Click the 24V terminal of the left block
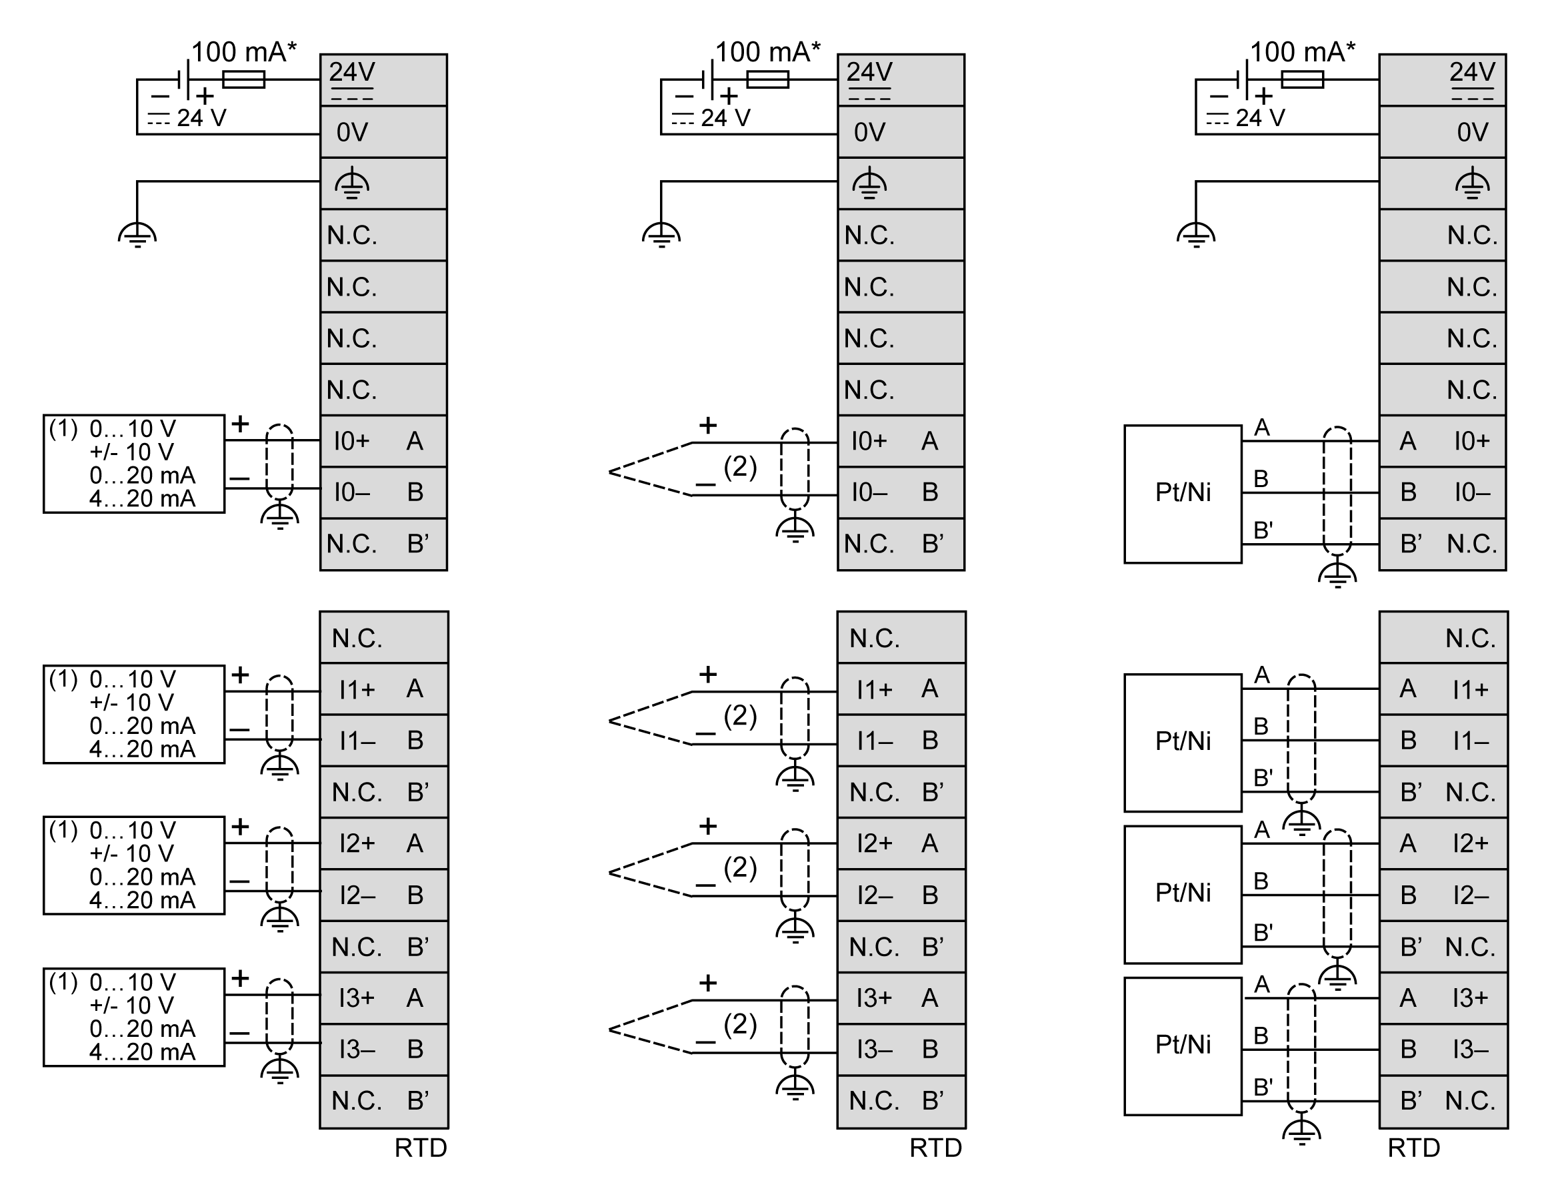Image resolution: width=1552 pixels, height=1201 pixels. pyautogui.click(x=383, y=79)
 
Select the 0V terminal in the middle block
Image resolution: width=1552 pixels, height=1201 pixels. pyautogui.click(x=901, y=131)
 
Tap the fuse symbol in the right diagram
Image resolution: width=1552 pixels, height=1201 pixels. pyautogui.click(x=1302, y=79)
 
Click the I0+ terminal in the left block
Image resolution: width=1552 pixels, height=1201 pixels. pyautogui.click(x=383, y=441)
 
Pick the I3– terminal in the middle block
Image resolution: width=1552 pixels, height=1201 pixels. pyautogui.click(x=901, y=1049)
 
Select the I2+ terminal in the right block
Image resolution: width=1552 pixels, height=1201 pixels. pyautogui.click(x=1443, y=843)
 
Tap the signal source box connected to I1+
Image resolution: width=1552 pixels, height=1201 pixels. pyautogui.click(x=133, y=714)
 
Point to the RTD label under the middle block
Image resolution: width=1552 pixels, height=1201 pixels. pyautogui.click(x=935, y=1148)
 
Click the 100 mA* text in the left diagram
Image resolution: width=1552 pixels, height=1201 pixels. pyautogui.click(x=244, y=52)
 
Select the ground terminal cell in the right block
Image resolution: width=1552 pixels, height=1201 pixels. pyautogui.click(x=1443, y=183)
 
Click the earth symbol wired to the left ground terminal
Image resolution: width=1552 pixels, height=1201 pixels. pyautogui.click(x=137, y=235)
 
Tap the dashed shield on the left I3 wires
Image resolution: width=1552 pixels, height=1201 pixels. pyautogui.click(x=279, y=1017)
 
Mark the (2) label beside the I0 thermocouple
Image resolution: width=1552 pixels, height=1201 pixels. pyautogui.click(x=740, y=466)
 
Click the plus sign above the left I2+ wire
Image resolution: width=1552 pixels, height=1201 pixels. pyautogui.click(x=240, y=826)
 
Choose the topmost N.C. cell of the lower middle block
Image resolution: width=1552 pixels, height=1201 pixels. pyautogui.click(x=901, y=638)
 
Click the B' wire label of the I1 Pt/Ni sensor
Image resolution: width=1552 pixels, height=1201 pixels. pyautogui.click(x=1262, y=777)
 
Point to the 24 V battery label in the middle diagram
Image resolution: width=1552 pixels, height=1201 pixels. pyautogui.click(x=725, y=118)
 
